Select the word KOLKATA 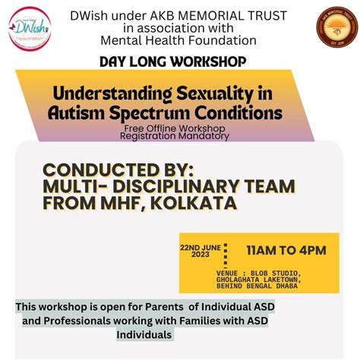[197, 204]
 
